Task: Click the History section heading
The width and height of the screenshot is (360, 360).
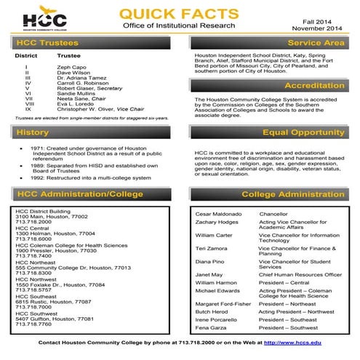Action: (x=32, y=133)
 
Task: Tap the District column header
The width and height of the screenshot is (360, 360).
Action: (x=26, y=55)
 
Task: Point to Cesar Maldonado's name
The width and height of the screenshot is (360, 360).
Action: (x=218, y=215)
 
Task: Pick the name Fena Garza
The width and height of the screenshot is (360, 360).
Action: (x=211, y=328)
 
